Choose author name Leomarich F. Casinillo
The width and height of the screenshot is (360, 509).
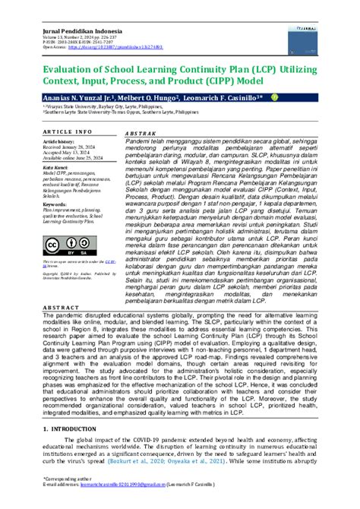point(226,98)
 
